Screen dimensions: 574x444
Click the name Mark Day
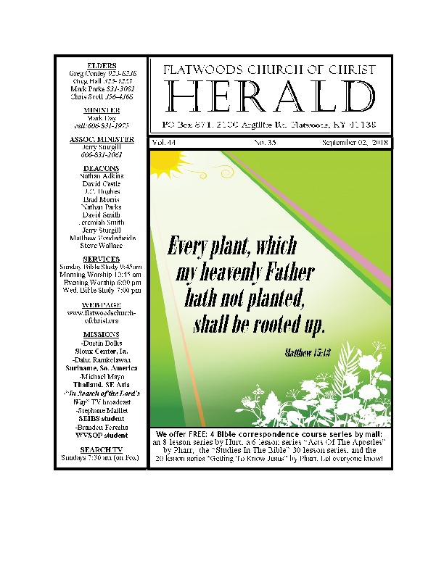101,117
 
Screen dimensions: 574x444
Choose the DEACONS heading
101,167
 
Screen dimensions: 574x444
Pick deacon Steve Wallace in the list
101,246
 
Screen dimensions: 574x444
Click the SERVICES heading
101,259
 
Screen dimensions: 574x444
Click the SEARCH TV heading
101,449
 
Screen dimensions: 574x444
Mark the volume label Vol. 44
164,143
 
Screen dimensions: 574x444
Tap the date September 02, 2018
355,143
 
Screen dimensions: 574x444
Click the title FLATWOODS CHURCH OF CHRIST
269,70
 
